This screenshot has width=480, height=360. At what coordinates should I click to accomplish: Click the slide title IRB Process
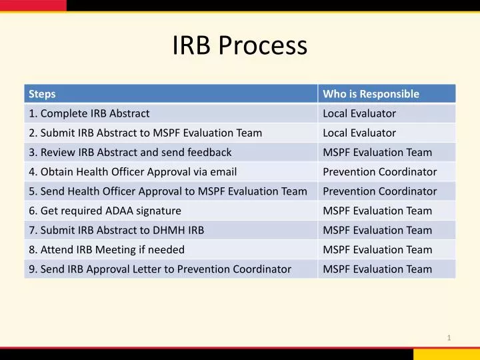click(x=240, y=46)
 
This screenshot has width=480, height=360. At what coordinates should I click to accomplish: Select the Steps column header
click(x=43, y=94)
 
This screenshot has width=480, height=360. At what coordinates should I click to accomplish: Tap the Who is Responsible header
click(x=371, y=94)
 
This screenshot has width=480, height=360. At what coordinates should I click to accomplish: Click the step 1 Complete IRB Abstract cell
click(x=89, y=113)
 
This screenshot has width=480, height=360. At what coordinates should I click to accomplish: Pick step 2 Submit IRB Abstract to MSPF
click(x=145, y=133)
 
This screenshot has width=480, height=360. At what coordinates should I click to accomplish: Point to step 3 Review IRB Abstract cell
click(x=130, y=152)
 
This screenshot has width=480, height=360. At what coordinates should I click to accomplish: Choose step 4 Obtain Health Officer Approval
click(x=133, y=171)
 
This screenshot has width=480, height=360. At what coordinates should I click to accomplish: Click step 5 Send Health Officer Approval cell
click(x=168, y=191)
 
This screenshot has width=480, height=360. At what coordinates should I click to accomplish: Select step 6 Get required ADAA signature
click(x=105, y=211)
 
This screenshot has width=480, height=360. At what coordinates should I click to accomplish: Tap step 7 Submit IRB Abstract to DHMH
click(x=117, y=230)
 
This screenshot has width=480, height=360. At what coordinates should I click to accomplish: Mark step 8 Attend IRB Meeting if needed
click(x=107, y=249)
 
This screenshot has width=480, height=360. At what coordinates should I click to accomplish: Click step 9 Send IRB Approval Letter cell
click(x=160, y=269)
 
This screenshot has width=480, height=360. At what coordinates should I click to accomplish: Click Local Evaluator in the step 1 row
click(x=359, y=113)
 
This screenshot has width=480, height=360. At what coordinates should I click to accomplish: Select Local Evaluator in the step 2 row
click(x=359, y=133)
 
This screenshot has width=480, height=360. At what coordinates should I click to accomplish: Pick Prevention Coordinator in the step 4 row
click(x=380, y=171)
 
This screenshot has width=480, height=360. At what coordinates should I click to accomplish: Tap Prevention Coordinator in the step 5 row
click(x=380, y=191)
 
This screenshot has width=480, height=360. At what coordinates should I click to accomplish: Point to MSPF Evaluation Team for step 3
click(x=377, y=152)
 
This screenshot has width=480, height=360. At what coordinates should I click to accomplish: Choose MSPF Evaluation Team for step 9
click(x=377, y=269)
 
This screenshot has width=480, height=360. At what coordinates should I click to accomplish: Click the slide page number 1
click(x=449, y=338)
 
